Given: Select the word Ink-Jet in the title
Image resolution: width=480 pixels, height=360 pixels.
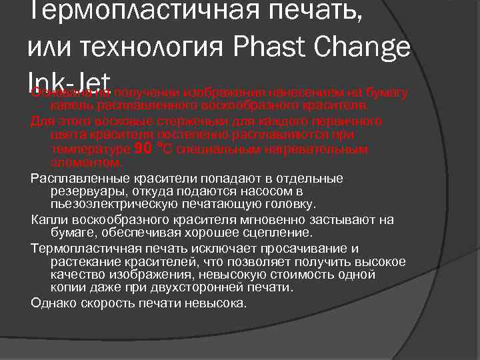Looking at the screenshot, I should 69,79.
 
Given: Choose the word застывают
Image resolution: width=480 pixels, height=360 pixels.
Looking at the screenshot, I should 343,220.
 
